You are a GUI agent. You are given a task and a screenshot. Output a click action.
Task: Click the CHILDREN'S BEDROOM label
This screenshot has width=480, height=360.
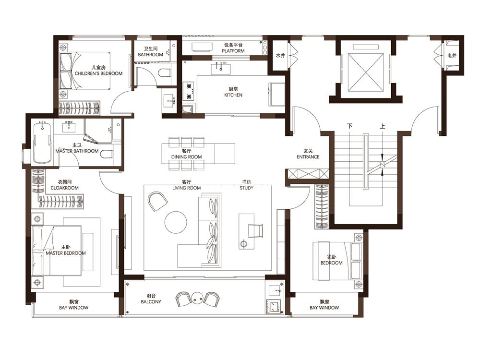[98, 73]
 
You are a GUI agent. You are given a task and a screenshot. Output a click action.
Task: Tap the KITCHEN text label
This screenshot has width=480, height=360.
[233, 95]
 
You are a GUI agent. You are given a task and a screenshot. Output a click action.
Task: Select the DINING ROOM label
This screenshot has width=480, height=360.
[186, 157]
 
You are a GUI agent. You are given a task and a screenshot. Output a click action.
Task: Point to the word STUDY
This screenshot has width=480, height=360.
[246, 188]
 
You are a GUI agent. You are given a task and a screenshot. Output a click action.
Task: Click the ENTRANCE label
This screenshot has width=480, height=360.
[308, 157]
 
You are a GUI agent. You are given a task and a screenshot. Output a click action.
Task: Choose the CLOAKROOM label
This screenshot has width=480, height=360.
[65, 188]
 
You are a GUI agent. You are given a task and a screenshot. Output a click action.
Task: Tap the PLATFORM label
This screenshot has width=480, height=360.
[233, 51]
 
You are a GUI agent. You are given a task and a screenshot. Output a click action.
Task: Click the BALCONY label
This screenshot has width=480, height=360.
[151, 302]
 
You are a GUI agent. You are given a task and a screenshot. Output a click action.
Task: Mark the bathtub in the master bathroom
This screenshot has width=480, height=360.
[42, 143]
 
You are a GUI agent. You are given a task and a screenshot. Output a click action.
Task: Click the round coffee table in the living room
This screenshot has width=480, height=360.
[176, 222]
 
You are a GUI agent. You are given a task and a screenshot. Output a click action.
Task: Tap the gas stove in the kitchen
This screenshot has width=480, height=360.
[189, 91]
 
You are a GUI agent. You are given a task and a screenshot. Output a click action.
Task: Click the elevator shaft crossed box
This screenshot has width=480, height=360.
[366, 72]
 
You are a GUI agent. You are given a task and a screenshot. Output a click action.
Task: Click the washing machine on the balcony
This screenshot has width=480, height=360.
[274, 306]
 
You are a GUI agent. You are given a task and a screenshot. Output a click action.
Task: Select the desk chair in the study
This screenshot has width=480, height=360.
[255, 231]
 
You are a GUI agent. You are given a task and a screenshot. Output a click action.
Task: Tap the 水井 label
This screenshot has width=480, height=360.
[280, 55]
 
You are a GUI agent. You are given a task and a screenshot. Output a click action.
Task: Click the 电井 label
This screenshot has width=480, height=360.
[452, 55]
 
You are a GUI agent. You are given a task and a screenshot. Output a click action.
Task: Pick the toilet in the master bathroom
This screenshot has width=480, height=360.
[107, 155]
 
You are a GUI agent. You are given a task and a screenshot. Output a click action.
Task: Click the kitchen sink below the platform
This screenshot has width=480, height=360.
[221, 68]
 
